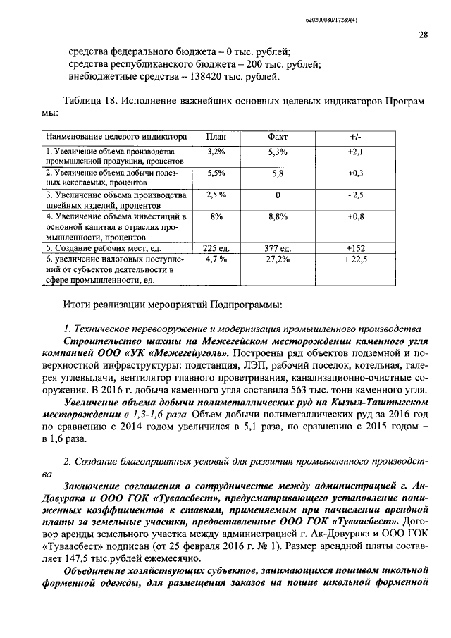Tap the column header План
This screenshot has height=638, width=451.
click(216, 136)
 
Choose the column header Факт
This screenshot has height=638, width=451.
click(278, 136)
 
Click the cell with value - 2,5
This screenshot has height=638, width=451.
click(355, 195)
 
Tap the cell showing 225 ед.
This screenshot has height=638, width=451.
click(216, 248)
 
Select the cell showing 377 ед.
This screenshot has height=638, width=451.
click(278, 248)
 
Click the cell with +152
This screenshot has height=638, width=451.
click(355, 248)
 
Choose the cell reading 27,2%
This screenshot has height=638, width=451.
click(278, 259)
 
